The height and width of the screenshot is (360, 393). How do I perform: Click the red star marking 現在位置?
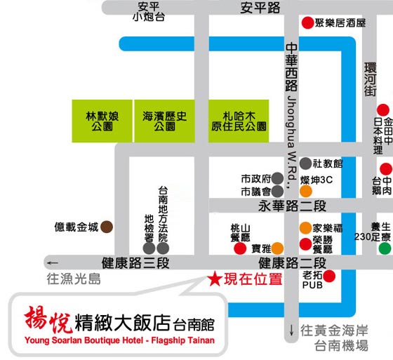[215, 279]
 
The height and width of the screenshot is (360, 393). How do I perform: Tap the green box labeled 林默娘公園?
[102, 121]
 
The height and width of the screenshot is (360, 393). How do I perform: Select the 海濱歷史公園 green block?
[165, 121]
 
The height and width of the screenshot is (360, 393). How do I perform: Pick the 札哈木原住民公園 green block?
[239, 121]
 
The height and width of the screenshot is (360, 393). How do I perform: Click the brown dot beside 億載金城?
[107, 227]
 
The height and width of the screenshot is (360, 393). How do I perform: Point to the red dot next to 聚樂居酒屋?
[307, 23]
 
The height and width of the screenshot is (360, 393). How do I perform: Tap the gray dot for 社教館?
[305, 164]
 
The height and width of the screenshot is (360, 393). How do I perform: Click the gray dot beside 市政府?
[277, 178]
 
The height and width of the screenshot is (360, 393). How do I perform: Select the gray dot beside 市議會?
[277, 192]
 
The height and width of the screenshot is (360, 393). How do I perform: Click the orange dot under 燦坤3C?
[306, 192]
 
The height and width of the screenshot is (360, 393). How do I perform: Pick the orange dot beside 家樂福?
[305, 228]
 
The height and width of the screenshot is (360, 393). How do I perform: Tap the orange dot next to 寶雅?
[277, 248]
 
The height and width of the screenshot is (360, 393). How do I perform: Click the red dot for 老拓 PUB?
[329, 276]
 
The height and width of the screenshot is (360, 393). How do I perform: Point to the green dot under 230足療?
[385, 248]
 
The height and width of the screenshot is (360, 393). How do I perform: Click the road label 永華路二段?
[292, 206]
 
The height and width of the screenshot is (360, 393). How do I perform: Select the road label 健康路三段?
[135, 263]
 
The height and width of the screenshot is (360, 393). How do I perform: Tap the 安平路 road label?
[260, 8]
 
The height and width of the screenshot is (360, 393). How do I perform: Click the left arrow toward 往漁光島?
[53, 263]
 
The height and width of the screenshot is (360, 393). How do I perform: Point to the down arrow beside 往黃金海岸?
[291, 330]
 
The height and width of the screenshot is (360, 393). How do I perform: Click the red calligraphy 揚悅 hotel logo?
[48, 319]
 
